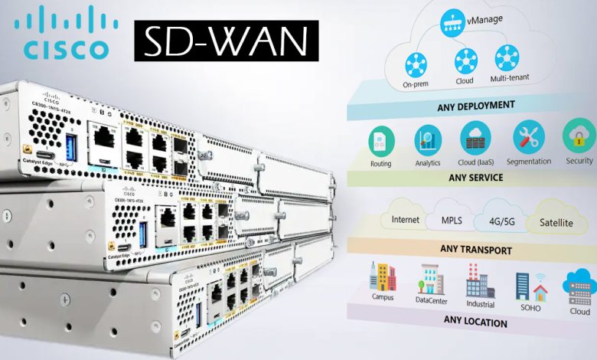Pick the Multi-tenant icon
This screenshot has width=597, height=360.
point(506,58)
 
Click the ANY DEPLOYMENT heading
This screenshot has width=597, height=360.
point(466,104)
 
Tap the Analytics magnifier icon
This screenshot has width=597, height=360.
point(428,139)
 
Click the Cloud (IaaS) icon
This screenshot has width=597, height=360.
point(475,139)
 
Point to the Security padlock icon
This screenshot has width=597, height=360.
point(579,138)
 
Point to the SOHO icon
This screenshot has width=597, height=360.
point(530,285)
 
